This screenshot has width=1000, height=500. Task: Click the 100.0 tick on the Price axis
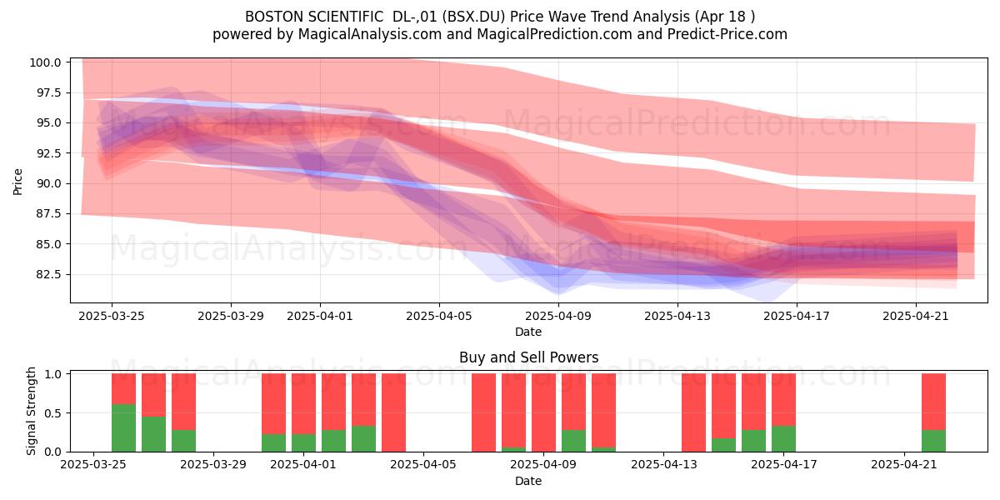[x=46, y=62]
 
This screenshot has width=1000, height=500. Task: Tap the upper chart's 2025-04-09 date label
[x=558, y=317]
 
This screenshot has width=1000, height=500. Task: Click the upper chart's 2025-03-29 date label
[x=231, y=317]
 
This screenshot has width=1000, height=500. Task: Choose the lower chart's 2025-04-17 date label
[x=784, y=465]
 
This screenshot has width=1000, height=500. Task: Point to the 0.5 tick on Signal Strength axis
[x=53, y=413]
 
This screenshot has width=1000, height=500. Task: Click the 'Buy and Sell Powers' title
[x=528, y=357]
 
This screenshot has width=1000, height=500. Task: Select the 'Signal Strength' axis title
[x=31, y=411]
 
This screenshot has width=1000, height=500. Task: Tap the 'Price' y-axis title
[x=17, y=182]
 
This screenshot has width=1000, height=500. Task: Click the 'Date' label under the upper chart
[x=528, y=332]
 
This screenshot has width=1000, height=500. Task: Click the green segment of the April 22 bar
[x=933, y=441]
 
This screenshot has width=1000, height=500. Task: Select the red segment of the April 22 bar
[x=933, y=402]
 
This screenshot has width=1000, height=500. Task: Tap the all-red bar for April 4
[x=393, y=412]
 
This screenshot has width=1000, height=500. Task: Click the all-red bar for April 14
[x=693, y=412]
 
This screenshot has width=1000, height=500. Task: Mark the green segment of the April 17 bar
[x=783, y=439]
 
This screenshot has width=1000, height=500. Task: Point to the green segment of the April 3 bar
[x=363, y=439]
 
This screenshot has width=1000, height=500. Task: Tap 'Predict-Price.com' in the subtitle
[x=727, y=34]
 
